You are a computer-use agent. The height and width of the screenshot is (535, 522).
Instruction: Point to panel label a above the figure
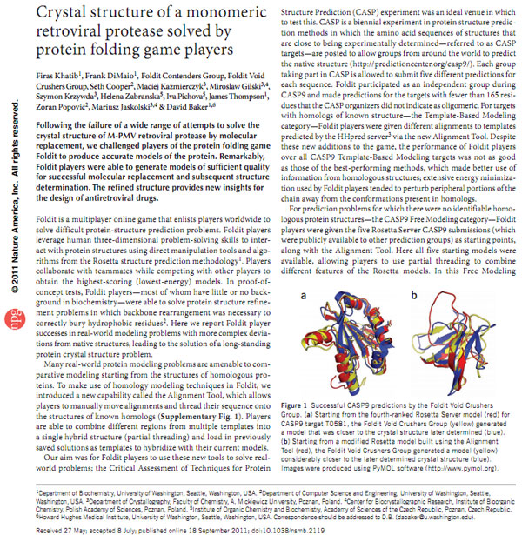coord(303,297)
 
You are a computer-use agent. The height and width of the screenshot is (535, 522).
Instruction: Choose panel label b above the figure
coord(414,297)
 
